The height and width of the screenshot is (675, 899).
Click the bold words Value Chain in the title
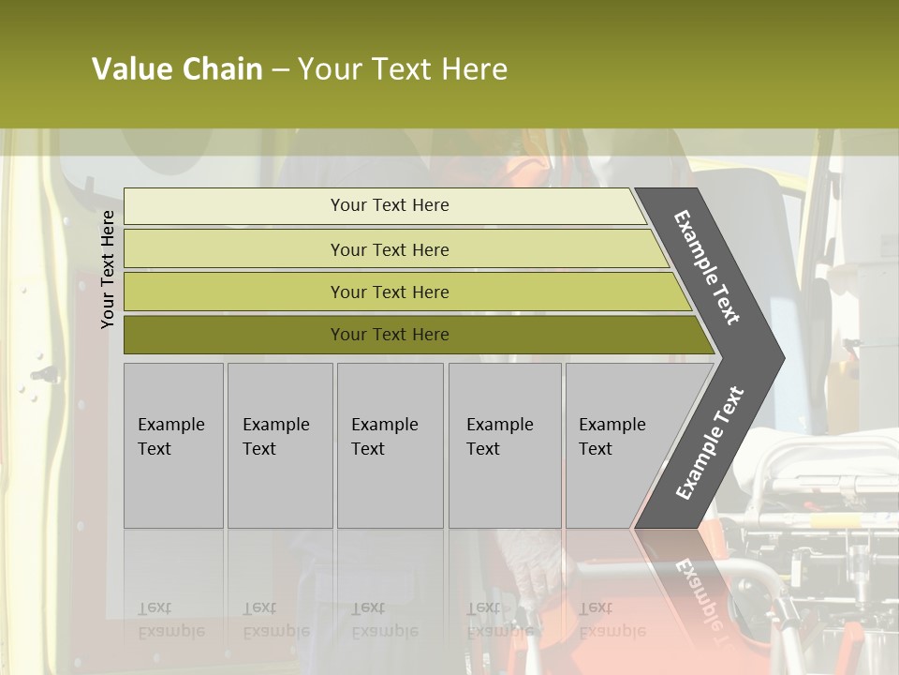177,69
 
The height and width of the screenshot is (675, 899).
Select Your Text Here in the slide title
403,69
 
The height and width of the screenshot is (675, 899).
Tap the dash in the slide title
280,70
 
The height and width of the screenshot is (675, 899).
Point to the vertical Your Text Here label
108,269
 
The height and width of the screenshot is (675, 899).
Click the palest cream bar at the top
384,205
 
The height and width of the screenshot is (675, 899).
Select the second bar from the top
393,249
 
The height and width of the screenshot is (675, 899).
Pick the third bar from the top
403,292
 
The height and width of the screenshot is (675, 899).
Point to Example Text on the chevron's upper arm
707,267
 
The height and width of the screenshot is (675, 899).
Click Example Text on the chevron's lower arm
709,443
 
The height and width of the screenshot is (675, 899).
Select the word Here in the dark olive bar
430,335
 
